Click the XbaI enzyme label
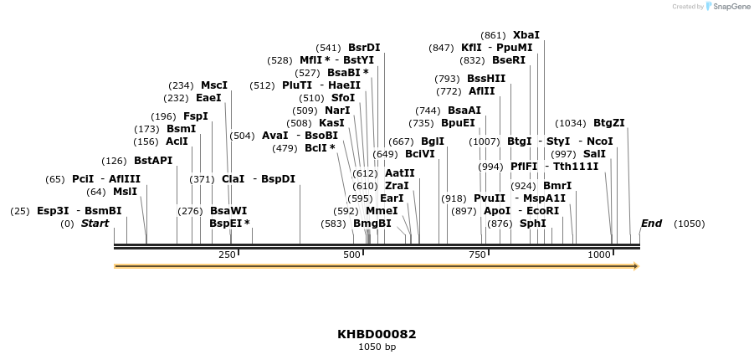[526, 35]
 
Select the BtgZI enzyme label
[609, 123]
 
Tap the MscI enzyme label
[214, 85]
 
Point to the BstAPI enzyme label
[153, 161]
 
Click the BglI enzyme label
[433, 141]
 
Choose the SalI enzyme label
[594, 154]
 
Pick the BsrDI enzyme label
[364, 48]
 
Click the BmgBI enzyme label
[372, 224]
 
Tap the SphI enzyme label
[533, 224]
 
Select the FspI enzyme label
[196, 116]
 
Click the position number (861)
[494, 35]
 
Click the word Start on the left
[95, 224]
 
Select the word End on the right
[651, 224]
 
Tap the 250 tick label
[227, 255]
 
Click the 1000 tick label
[599, 255]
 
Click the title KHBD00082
[377, 334]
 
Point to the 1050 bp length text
[377, 347]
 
